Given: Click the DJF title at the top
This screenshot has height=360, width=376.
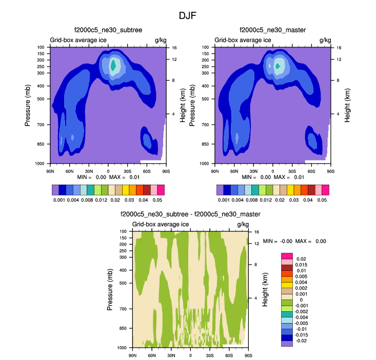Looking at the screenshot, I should (187, 16).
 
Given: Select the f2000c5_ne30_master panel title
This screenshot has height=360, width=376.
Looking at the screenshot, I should (272, 31).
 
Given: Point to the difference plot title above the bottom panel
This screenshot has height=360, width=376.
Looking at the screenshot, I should (190, 214).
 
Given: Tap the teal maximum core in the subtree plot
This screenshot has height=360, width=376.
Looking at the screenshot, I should (113, 65).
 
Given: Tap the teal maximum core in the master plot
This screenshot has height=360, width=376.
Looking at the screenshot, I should (278, 66).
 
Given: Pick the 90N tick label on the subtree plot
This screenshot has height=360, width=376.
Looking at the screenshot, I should (50, 171).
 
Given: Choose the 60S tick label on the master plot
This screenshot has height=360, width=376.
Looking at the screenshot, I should (311, 171).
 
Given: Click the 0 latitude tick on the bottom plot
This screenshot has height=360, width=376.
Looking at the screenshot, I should (190, 355).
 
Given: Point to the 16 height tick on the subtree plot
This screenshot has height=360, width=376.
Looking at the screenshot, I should (174, 47).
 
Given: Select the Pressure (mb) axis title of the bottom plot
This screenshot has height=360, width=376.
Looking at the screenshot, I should (110, 290).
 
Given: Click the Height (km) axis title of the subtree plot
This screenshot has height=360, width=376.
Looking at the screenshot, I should (183, 105).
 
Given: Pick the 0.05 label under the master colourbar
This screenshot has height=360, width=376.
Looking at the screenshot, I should (325, 199).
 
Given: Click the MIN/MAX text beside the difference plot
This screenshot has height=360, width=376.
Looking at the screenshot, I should (294, 241).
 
